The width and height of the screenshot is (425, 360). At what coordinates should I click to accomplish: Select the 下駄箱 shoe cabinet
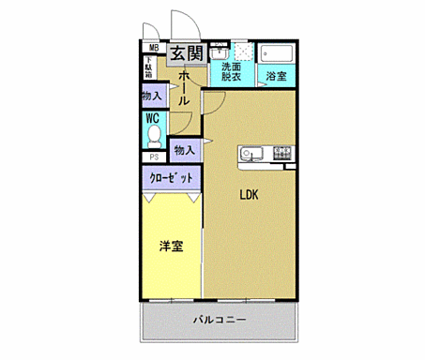point(148,67)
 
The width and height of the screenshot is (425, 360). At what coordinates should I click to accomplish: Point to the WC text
point(151,119)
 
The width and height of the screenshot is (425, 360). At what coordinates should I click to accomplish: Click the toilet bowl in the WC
point(152,137)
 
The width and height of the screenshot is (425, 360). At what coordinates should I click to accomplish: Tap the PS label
point(152,157)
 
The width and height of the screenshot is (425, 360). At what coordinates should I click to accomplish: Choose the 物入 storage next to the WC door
point(151,96)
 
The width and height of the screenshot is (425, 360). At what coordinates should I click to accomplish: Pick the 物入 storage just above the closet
point(185,149)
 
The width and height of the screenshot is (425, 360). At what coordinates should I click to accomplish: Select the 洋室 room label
point(170,247)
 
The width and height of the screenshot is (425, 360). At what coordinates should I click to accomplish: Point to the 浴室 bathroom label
point(275,76)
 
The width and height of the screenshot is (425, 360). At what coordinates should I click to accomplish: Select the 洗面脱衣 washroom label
point(230,71)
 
